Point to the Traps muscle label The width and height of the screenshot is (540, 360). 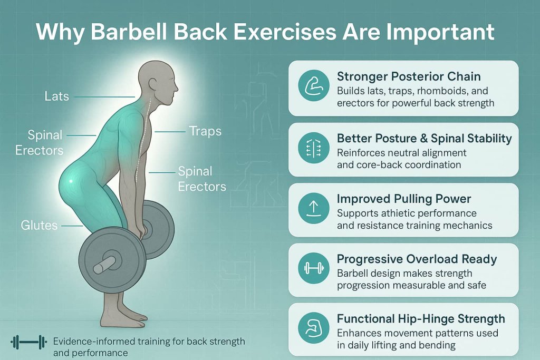click(205, 130)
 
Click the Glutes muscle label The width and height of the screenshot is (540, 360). click(40, 225)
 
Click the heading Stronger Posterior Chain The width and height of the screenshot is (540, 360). click(409, 77)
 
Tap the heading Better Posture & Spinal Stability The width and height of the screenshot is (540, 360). click(424, 139)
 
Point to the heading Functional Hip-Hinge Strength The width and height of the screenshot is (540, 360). click(421, 319)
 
